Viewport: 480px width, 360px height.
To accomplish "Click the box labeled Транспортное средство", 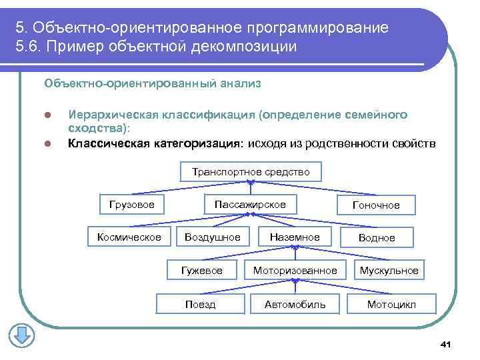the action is click(251, 172).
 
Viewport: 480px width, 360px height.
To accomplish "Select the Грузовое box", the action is click(131, 204).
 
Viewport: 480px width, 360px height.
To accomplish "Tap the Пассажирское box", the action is click(250, 204).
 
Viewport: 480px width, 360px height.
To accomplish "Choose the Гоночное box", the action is click(376, 205).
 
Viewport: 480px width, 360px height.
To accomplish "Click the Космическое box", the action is click(129, 237).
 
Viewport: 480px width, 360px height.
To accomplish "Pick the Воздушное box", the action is click(213, 237).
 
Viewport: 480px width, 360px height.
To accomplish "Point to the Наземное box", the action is click(295, 237).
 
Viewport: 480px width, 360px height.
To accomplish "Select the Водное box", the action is click(377, 238).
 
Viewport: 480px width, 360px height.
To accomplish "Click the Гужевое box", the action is click(202, 270).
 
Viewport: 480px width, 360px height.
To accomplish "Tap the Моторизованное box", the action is click(295, 270).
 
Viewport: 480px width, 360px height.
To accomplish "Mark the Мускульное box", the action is click(389, 270).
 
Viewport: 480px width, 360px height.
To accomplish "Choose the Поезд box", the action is click(200, 304).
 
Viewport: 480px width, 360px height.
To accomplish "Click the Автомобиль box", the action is click(295, 304).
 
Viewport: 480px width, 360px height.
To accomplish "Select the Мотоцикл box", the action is click(391, 304).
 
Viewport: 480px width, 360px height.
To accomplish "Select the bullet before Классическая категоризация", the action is click(47, 143).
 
